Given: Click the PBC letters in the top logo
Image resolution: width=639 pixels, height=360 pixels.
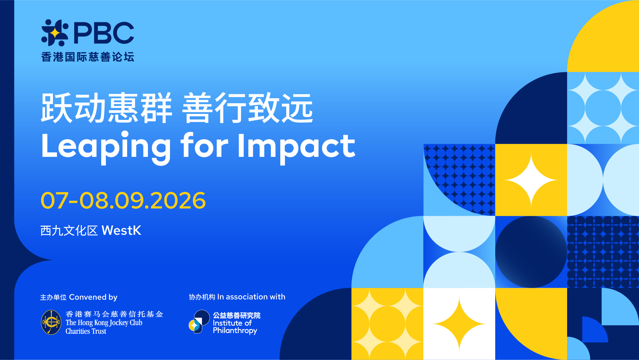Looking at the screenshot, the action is click(x=104, y=33).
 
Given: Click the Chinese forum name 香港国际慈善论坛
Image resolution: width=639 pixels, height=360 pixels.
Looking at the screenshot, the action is click(x=88, y=57).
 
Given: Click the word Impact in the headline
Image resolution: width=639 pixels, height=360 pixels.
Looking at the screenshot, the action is click(x=297, y=147).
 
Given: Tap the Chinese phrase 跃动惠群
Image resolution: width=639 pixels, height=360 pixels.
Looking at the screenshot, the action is click(x=106, y=108).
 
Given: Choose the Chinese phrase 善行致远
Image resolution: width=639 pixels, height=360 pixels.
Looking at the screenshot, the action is click(x=248, y=108).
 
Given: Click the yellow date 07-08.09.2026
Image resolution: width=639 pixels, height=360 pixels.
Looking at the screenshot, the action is click(x=123, y=200).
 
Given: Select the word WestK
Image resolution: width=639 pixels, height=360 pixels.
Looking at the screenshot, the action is click(x=121, y=230).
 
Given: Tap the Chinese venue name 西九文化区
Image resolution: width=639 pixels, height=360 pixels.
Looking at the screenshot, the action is click(x=69, y=230).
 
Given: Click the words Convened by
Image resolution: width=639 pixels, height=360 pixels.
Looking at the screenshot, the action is click(x=93, y=297).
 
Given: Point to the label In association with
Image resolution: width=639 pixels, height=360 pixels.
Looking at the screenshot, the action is click(x=251, y=297).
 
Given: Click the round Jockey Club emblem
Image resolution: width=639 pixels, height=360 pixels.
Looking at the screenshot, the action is click(x=51, y=322).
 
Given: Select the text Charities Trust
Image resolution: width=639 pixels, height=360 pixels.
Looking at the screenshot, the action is click(x=86, y=331).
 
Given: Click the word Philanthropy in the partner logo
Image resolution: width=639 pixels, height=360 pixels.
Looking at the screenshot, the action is click(x=235, y=331).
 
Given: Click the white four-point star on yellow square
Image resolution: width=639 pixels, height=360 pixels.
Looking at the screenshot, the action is click(x=531, y=180).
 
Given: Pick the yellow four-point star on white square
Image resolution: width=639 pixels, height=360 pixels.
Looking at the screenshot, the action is click(x=459, y=324).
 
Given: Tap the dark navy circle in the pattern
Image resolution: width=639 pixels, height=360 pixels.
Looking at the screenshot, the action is click(x=531, y=252).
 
